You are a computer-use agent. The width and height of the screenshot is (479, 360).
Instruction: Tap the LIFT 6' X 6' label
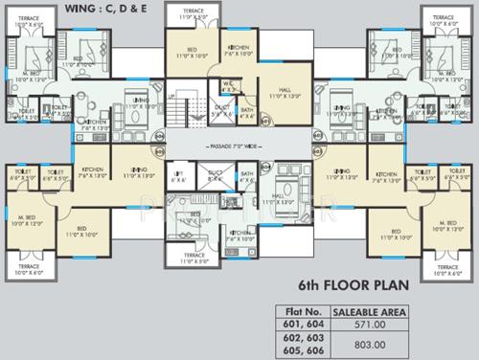(x=180, y=177)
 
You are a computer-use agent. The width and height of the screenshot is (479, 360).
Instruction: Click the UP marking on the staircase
(x=171, y=98)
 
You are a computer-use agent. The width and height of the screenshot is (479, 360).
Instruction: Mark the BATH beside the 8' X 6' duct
(x=247, y=176)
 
